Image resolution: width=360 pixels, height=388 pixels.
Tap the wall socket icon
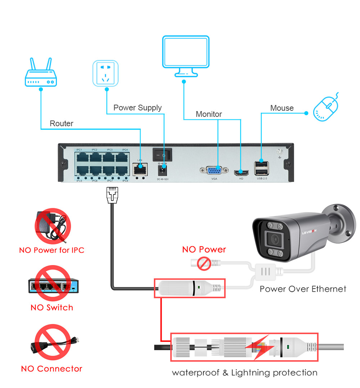pyautogui.click(x=105, y=73)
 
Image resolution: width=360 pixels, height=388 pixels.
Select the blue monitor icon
pyautogui.click(x=185, y=56)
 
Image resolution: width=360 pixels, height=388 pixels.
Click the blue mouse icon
pyautogui.click(x=326, y=108)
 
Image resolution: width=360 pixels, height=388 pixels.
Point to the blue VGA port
pyautogui.click(x=215, y=170)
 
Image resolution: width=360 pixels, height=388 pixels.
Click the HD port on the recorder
pyautogui.click(x=240, y=172)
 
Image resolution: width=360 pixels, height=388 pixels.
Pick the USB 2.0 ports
pyautogui.click(x=262, y=168)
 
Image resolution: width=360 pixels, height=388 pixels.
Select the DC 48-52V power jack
pyautogui.click(x=162, y=170)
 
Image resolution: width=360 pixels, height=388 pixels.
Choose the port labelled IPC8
pyautogui.click(x=122, y=170)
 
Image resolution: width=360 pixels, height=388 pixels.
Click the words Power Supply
pyautogui.click(x=138, y=108)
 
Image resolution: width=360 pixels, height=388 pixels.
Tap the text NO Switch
pyautogui.click(x=52, y=307)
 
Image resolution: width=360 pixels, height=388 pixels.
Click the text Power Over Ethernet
pyautogui.click(x=303, y=289)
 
